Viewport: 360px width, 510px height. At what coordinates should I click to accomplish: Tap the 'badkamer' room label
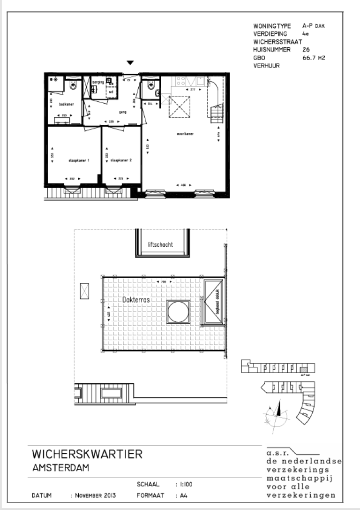coord(64,104)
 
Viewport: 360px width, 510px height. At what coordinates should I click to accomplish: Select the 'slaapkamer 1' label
coord(79,160)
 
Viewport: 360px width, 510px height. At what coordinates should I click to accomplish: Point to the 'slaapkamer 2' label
coord(121,160)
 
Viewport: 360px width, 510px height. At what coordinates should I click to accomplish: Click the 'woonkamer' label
coord(186,134)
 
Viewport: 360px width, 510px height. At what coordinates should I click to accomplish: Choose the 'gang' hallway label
coord(110,113)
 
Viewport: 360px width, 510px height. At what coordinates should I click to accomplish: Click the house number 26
coord(307,49)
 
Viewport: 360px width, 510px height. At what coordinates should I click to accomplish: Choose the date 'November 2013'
coord(93,495)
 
